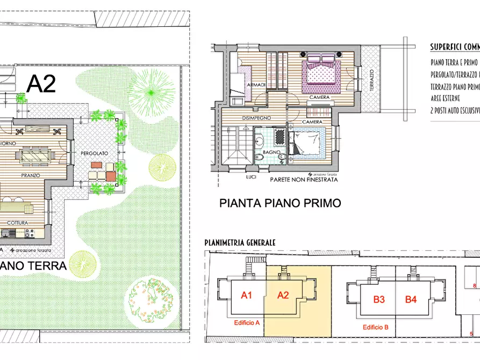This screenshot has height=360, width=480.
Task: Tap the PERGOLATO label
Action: point(94,153)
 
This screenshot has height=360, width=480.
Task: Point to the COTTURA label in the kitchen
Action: point(17,222)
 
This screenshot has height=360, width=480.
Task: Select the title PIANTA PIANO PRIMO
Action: point(280,203)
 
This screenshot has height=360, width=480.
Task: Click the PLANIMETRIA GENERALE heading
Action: point(240,243)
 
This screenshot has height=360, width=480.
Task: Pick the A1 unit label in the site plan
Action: point(247,294)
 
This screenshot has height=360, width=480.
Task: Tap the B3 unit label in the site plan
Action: point(379,300)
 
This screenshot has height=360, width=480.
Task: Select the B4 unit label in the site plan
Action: point(411,300)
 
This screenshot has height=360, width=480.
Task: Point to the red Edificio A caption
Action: point(247,323)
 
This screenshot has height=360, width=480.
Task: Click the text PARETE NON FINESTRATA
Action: point(304,180)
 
